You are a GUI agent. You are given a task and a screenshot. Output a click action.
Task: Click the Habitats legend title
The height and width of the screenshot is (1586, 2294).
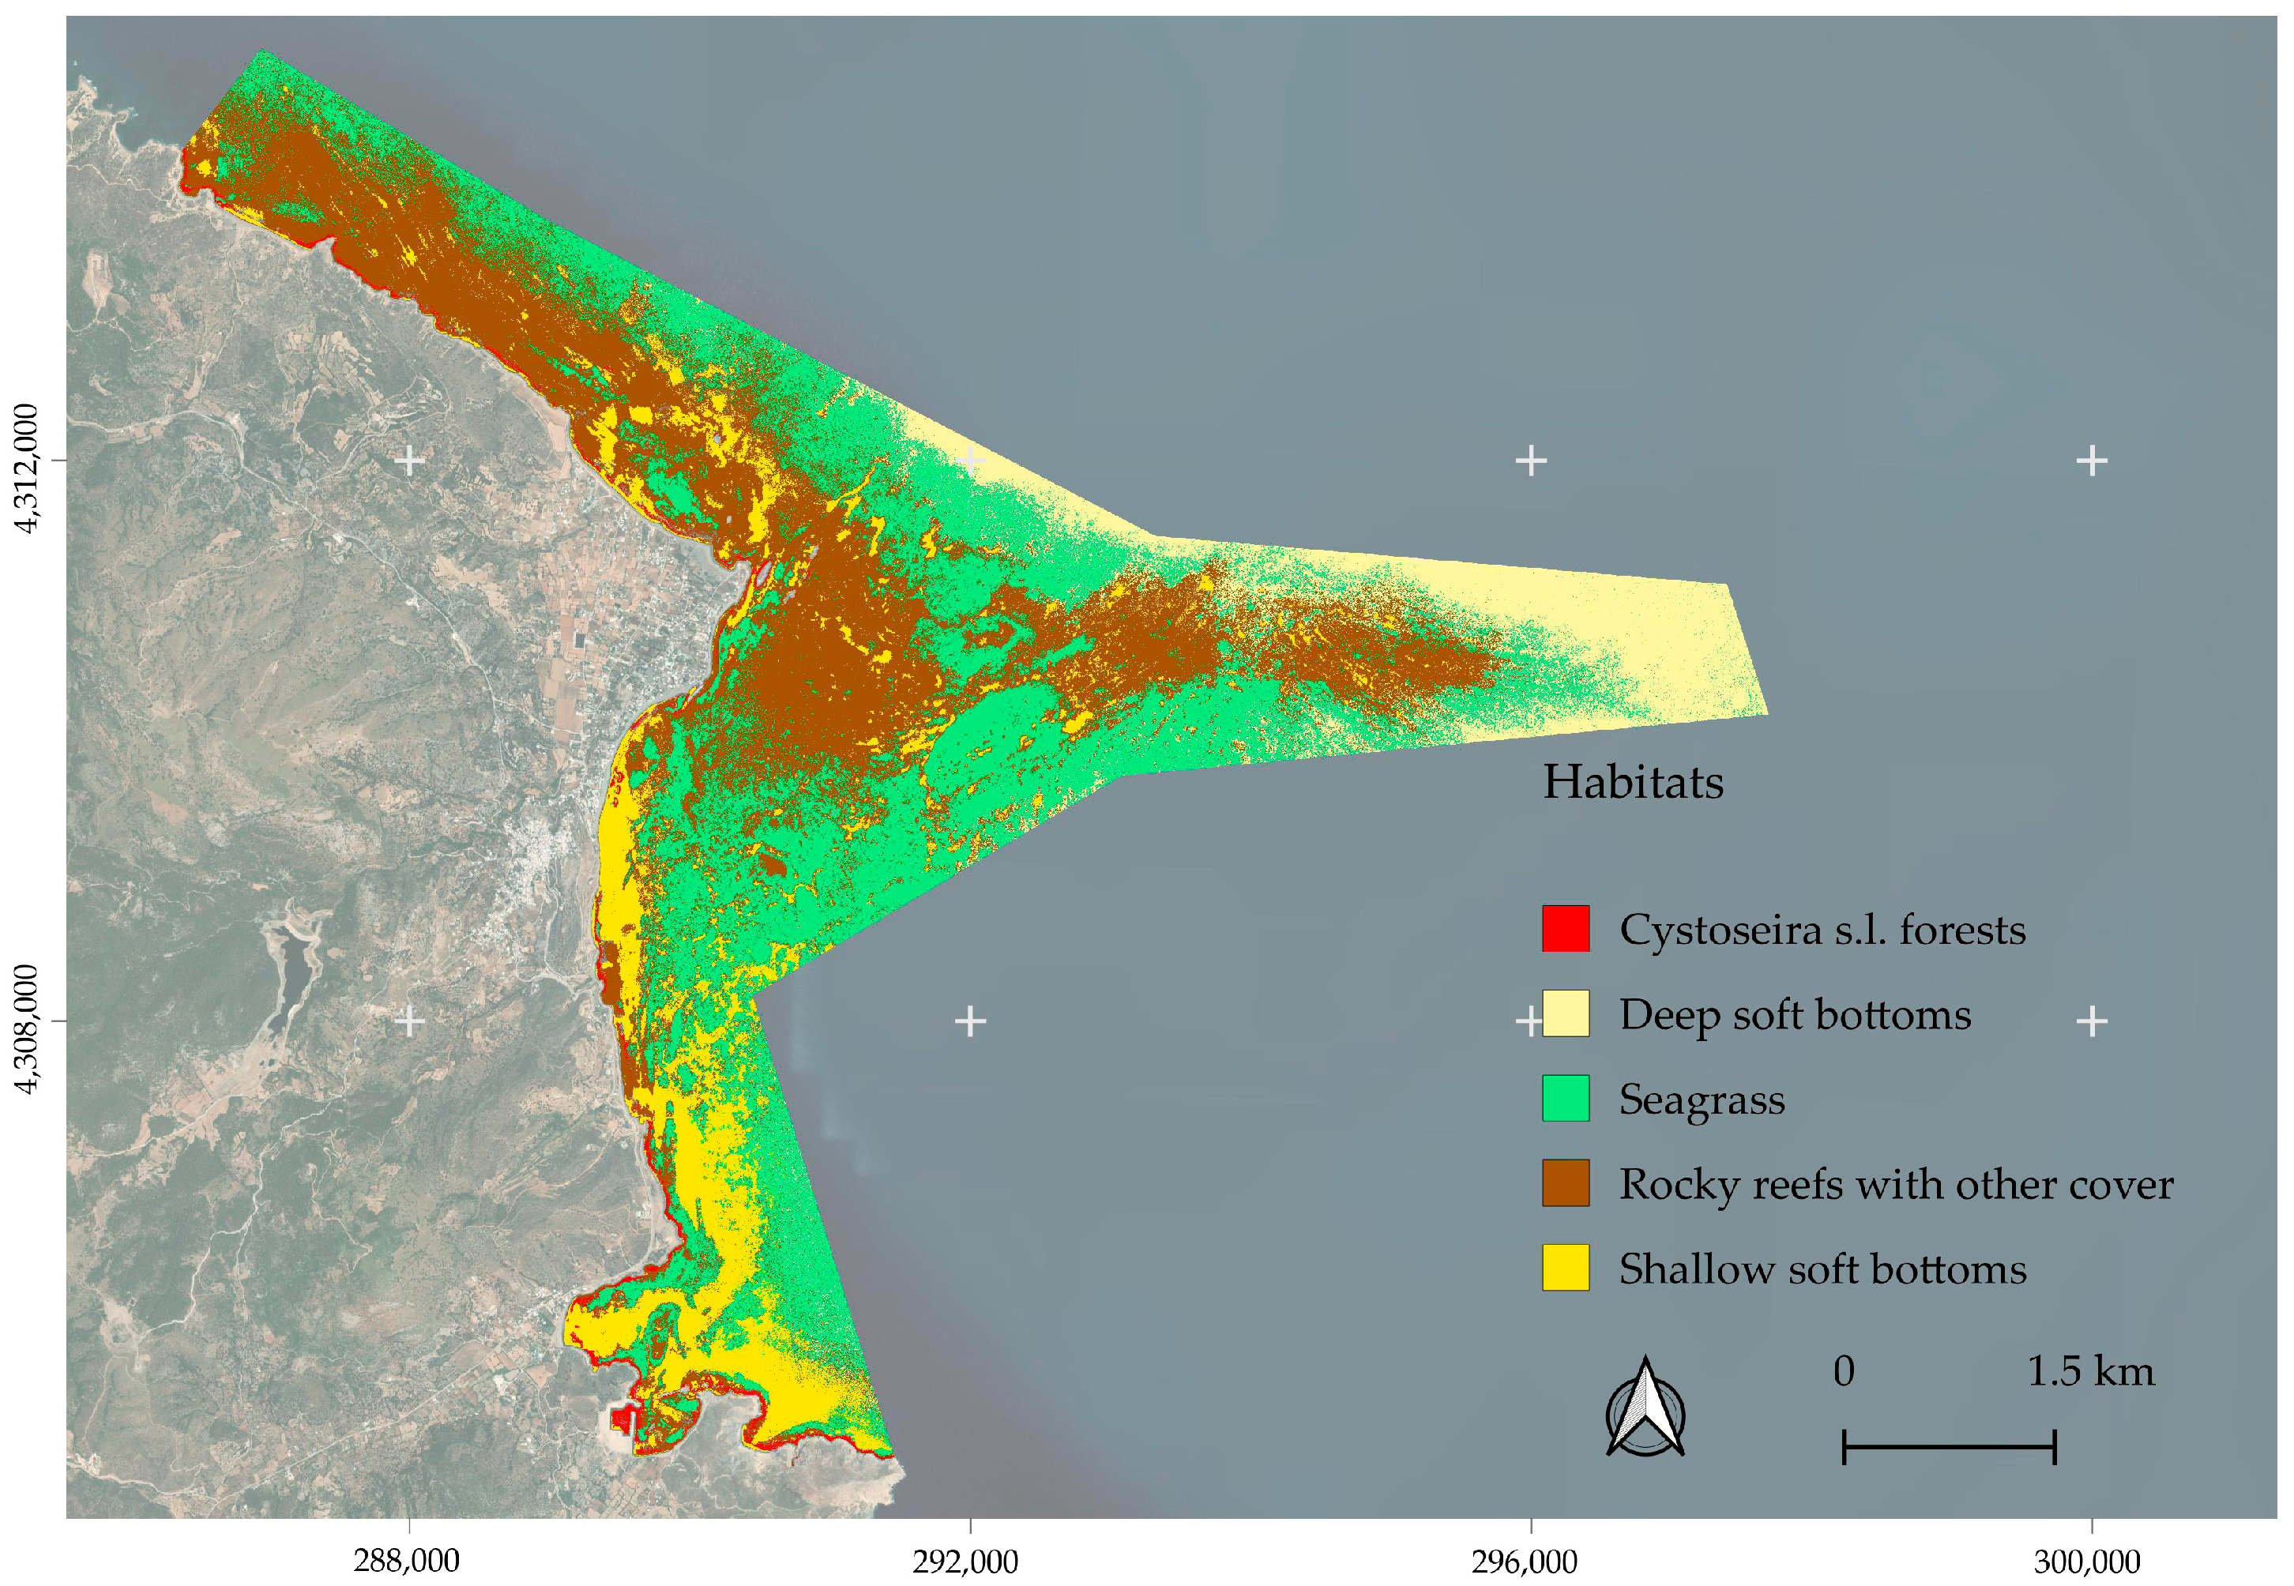[1632, 782]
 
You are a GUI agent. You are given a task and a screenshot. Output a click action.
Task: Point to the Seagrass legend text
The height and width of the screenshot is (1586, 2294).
[1702, 1099]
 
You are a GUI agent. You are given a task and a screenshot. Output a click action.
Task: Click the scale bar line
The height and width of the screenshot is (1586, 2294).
[1948, 1447]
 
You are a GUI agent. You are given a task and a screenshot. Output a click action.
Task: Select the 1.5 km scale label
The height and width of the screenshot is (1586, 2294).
[2089, 1371]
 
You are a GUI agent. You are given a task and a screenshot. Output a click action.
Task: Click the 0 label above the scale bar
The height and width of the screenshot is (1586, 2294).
[1844, 1371]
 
